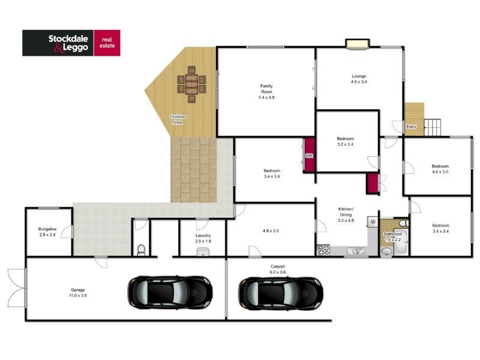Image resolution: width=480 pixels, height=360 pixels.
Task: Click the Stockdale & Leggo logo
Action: point(71,43)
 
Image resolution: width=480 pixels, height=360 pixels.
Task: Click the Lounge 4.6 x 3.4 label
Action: point(359,79)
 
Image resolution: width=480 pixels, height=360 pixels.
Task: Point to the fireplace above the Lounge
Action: point(357,43)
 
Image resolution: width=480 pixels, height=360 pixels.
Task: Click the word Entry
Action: point(411,127)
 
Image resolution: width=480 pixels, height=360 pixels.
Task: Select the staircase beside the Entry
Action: point(433,127)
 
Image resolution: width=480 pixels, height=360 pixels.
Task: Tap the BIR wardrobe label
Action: point(310,155)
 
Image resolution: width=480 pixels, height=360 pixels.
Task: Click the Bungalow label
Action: point(47,232)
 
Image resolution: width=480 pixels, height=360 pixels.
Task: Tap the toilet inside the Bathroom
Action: point(406,223)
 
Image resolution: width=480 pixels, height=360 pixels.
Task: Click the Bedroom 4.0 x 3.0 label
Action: point(440,169)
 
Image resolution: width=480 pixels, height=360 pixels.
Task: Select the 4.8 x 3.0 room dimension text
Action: point(270,230)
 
